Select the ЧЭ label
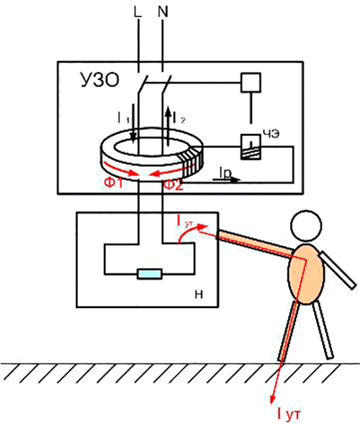point(271,131)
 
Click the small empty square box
point(249,83)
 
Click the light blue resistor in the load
point(150,274)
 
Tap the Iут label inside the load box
point(186,220)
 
